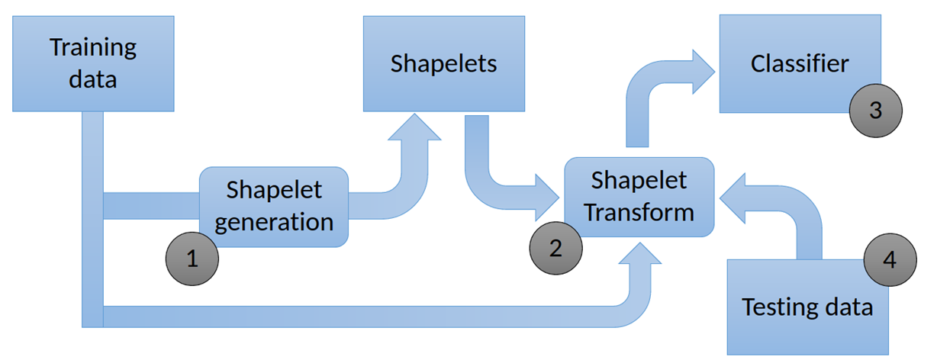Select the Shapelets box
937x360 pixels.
443,63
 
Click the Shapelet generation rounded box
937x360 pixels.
274,206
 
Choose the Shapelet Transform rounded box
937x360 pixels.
639,197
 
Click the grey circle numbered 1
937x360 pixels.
192,259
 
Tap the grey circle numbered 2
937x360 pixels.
555,247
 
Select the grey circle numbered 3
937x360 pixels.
876,110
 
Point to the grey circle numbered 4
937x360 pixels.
889,259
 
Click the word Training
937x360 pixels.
93,47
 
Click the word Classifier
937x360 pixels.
799,63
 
